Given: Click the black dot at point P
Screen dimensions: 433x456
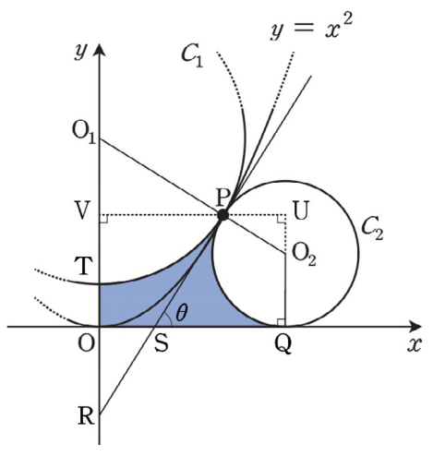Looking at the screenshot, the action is click(x=223, y=215).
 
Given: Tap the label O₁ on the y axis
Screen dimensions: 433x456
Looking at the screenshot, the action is click(x=84, y=134).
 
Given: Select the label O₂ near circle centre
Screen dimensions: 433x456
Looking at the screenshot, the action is click(x=304, y=255).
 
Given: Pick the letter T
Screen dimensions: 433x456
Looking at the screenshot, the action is click(x=83, y=266).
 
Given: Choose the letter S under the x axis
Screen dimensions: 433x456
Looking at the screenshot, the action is click(x=162, y=343).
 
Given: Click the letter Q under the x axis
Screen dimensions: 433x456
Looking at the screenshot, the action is click(x=283, y=344).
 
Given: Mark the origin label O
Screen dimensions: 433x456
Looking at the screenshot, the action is click(x=86, y=343).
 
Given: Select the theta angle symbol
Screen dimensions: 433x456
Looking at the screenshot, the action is click(x=181, y=313).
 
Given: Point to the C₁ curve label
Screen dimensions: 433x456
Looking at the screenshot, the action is click(x=192, y=56).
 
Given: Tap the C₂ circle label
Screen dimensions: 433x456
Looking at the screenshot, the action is click(x=372, y=229).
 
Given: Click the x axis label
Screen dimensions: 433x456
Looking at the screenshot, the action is click(x=414, y=344).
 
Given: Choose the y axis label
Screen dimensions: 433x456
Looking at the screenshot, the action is click(x=80, y=53).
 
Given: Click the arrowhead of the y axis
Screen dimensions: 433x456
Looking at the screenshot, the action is click(x=99, y=49).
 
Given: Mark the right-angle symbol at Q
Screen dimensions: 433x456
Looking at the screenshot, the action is click(x=281, y=322).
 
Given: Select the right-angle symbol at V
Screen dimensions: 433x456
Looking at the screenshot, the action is click(x=103, y=219).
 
